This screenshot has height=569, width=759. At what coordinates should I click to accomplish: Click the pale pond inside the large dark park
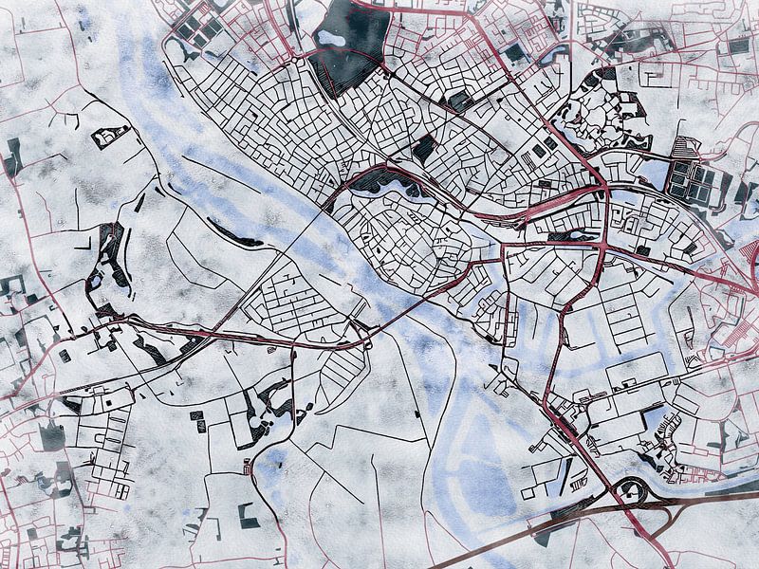(x=331, y=38)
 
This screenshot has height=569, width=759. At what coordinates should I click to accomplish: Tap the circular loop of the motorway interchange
(x=631, y=490)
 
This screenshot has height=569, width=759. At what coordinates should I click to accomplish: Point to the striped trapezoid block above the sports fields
(x=684, y=148)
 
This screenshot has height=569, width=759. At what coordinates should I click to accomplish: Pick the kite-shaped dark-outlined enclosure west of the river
(x=110, y=137)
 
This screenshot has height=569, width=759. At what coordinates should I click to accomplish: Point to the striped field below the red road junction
(x=342, y=370)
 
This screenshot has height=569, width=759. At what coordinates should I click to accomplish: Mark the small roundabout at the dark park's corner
(x=383, y=68)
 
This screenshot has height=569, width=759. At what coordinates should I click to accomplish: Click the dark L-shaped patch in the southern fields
(x=249, y=518)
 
